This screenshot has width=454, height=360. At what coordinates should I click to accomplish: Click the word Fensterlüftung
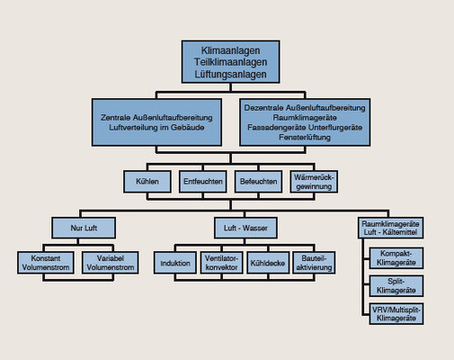[305, 139]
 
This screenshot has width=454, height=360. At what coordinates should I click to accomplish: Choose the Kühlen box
[147, 181]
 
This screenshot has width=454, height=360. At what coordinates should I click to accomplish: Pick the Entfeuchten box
[202, 181]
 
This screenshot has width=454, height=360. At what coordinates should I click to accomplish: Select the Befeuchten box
[257, 181]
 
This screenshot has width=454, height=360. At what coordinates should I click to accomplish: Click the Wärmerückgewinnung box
[313, 181]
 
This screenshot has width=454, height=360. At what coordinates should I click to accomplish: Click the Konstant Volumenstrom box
[45, 261]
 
